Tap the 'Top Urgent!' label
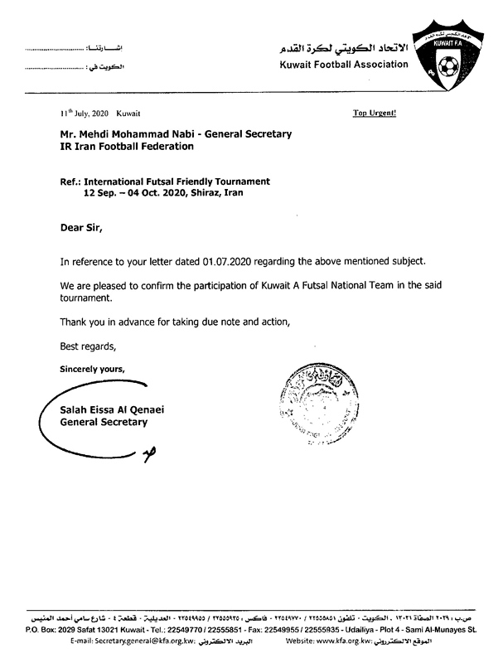(375, 113)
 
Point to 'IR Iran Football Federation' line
(126, 147)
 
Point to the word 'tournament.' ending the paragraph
(85, 298)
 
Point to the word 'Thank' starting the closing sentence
(75, 322)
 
